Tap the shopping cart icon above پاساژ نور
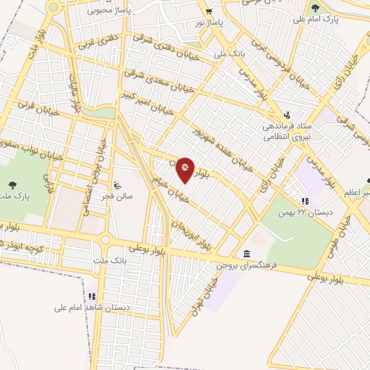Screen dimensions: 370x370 [209, 12]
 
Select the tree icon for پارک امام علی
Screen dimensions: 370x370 [314, 9]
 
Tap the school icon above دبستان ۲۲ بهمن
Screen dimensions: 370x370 [304, 201]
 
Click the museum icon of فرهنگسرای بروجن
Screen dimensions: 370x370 [247, 255]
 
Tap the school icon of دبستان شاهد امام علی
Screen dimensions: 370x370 [92, 296]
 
